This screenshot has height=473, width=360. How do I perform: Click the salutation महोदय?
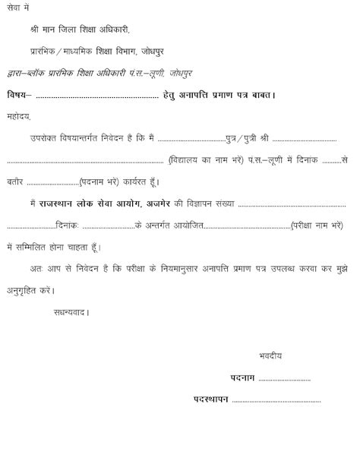pos(19,118)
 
